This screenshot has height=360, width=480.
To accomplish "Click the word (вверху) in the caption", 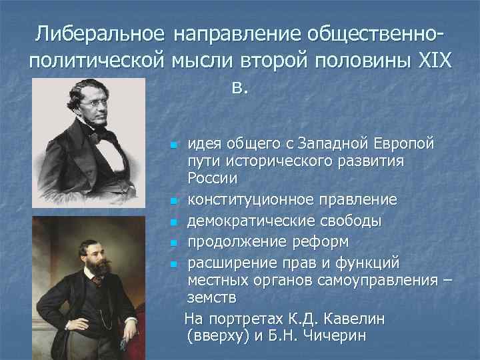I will pos(219,335).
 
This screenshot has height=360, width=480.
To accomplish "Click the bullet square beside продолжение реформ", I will pos(173,241).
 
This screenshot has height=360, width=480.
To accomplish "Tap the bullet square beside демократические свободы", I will pos(173,221).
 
